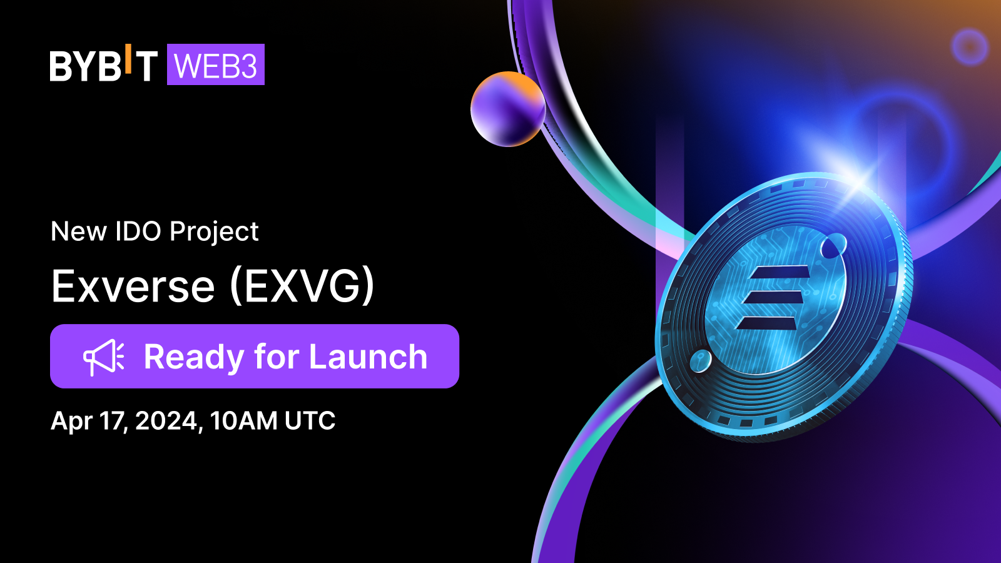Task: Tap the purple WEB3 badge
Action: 216,64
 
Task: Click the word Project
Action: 214,232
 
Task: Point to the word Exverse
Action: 133,286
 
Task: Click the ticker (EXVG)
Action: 302,286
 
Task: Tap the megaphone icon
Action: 104,357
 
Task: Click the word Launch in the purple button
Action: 368,357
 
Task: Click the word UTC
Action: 310,420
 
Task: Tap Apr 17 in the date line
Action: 89,422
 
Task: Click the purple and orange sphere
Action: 508,109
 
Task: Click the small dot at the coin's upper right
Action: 833,246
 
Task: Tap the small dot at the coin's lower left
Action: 701,361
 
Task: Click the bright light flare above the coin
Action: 860,181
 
